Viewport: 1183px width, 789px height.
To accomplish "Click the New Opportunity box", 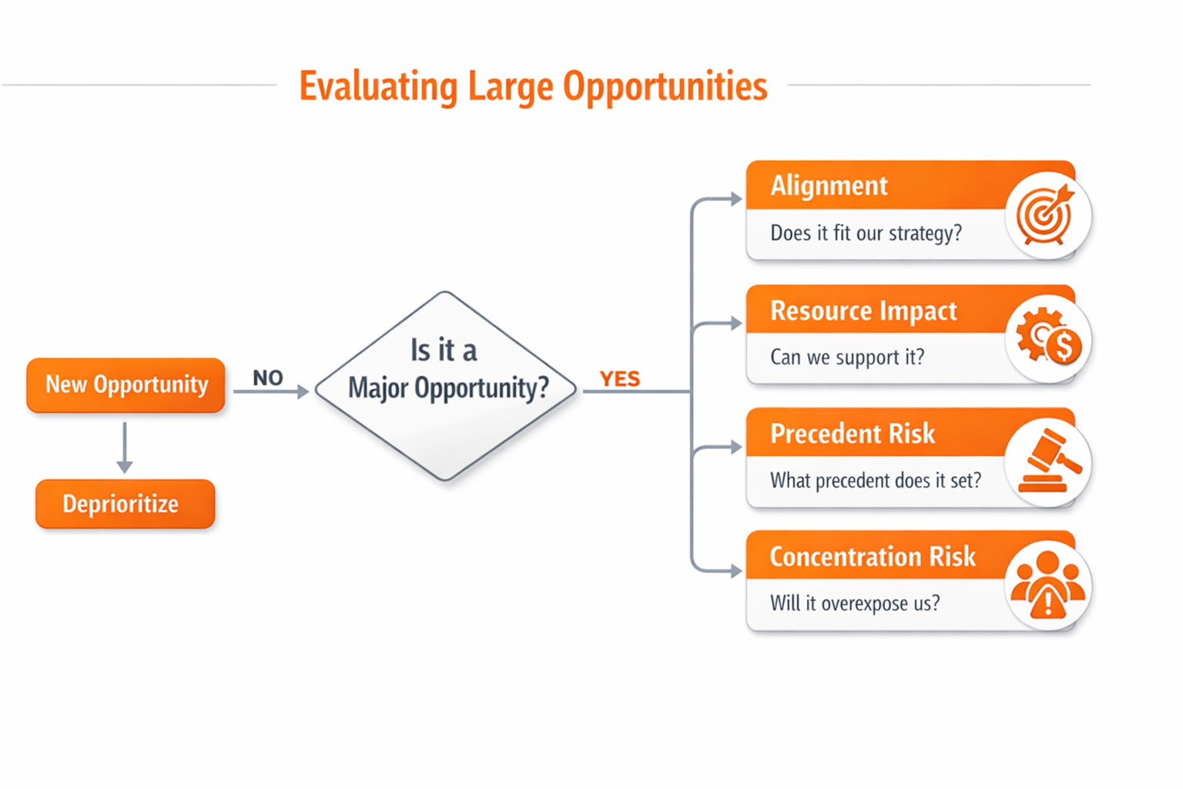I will click(x=126, y=384).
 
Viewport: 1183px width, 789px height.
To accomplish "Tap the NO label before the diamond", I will click(x=267, y=378).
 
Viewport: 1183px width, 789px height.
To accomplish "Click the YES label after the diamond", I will click(x=619, y=378).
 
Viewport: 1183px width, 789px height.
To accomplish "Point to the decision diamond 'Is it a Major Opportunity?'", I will click(x=446, y=385).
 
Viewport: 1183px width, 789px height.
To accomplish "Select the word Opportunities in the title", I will click(x=665, y=86).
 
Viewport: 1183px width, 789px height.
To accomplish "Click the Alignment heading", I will click(x=829, y=186).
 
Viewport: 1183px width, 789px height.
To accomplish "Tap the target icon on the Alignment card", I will click(x=1046, y=214).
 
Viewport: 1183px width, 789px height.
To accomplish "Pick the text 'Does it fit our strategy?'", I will click(x=866, y=233).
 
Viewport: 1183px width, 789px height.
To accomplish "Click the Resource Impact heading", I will click(x=863, y=311).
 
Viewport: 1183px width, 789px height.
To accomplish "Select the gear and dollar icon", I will click(x=1047, y=337).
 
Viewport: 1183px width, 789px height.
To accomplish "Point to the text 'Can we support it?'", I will click(x=846, y=357).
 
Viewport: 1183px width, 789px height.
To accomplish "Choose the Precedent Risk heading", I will click(x=852, y=434).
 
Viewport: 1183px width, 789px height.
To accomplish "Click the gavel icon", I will click(x=1047, y=462).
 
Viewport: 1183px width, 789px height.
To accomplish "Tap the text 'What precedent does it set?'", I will click(x=875, y=481).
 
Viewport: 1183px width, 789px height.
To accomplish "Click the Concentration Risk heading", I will click(x=872, y=556).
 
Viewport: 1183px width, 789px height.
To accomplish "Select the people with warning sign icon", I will click(x=1047, y=585).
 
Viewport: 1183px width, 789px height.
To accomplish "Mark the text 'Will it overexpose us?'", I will click(x=854, y=603).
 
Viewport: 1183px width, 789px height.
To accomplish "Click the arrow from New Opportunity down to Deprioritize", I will click(x=125, y=447).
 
